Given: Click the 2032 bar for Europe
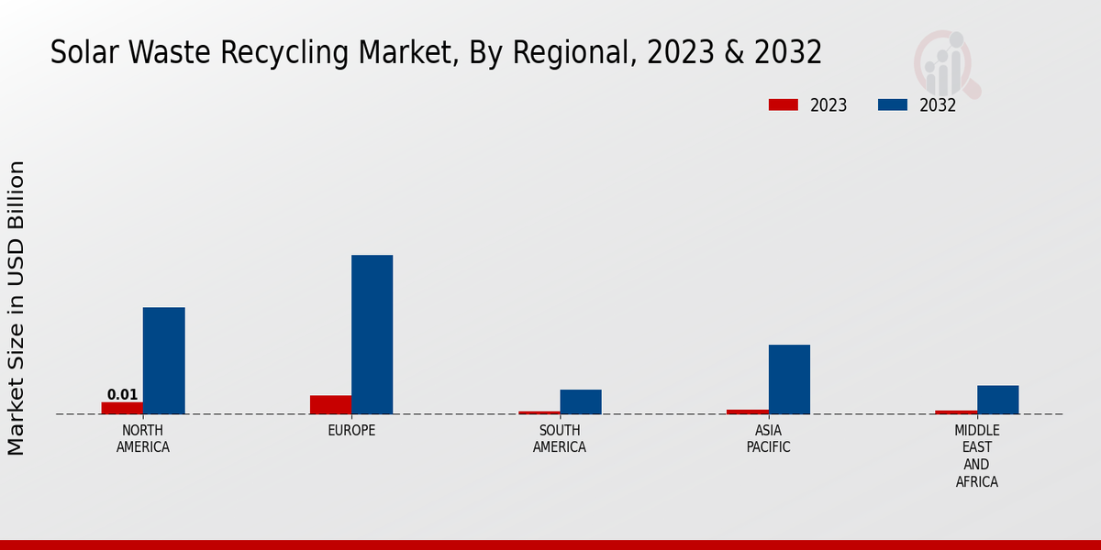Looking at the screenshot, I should tap(372, 335).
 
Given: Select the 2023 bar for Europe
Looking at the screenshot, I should tap(330, 404).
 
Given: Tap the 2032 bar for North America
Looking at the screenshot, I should tap(163, 360).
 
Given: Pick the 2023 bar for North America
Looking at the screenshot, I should tap(122, 408).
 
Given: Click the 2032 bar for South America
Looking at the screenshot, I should tap(581, 401).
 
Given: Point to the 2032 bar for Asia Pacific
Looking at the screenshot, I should tap(789, 379).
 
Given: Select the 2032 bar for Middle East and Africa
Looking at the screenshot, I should tap(997, 400).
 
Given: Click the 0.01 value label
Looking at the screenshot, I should tap(122, 395).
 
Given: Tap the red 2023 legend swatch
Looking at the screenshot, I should tap(783, 105).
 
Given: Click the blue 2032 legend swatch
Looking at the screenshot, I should tap(892, 105).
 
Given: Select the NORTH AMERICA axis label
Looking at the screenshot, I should tap(143, 439).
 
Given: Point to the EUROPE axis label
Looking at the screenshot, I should tap(351, 431).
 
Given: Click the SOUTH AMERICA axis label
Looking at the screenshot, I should tap(560, 439).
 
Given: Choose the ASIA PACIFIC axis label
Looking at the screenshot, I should tap(768, 439).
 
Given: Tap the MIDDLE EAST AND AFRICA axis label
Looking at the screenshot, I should tap(977, 456).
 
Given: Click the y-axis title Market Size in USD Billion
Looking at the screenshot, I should tap(17, 308).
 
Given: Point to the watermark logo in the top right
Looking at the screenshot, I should tap(945, 62).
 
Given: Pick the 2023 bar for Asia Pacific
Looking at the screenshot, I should tap(748, 412).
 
